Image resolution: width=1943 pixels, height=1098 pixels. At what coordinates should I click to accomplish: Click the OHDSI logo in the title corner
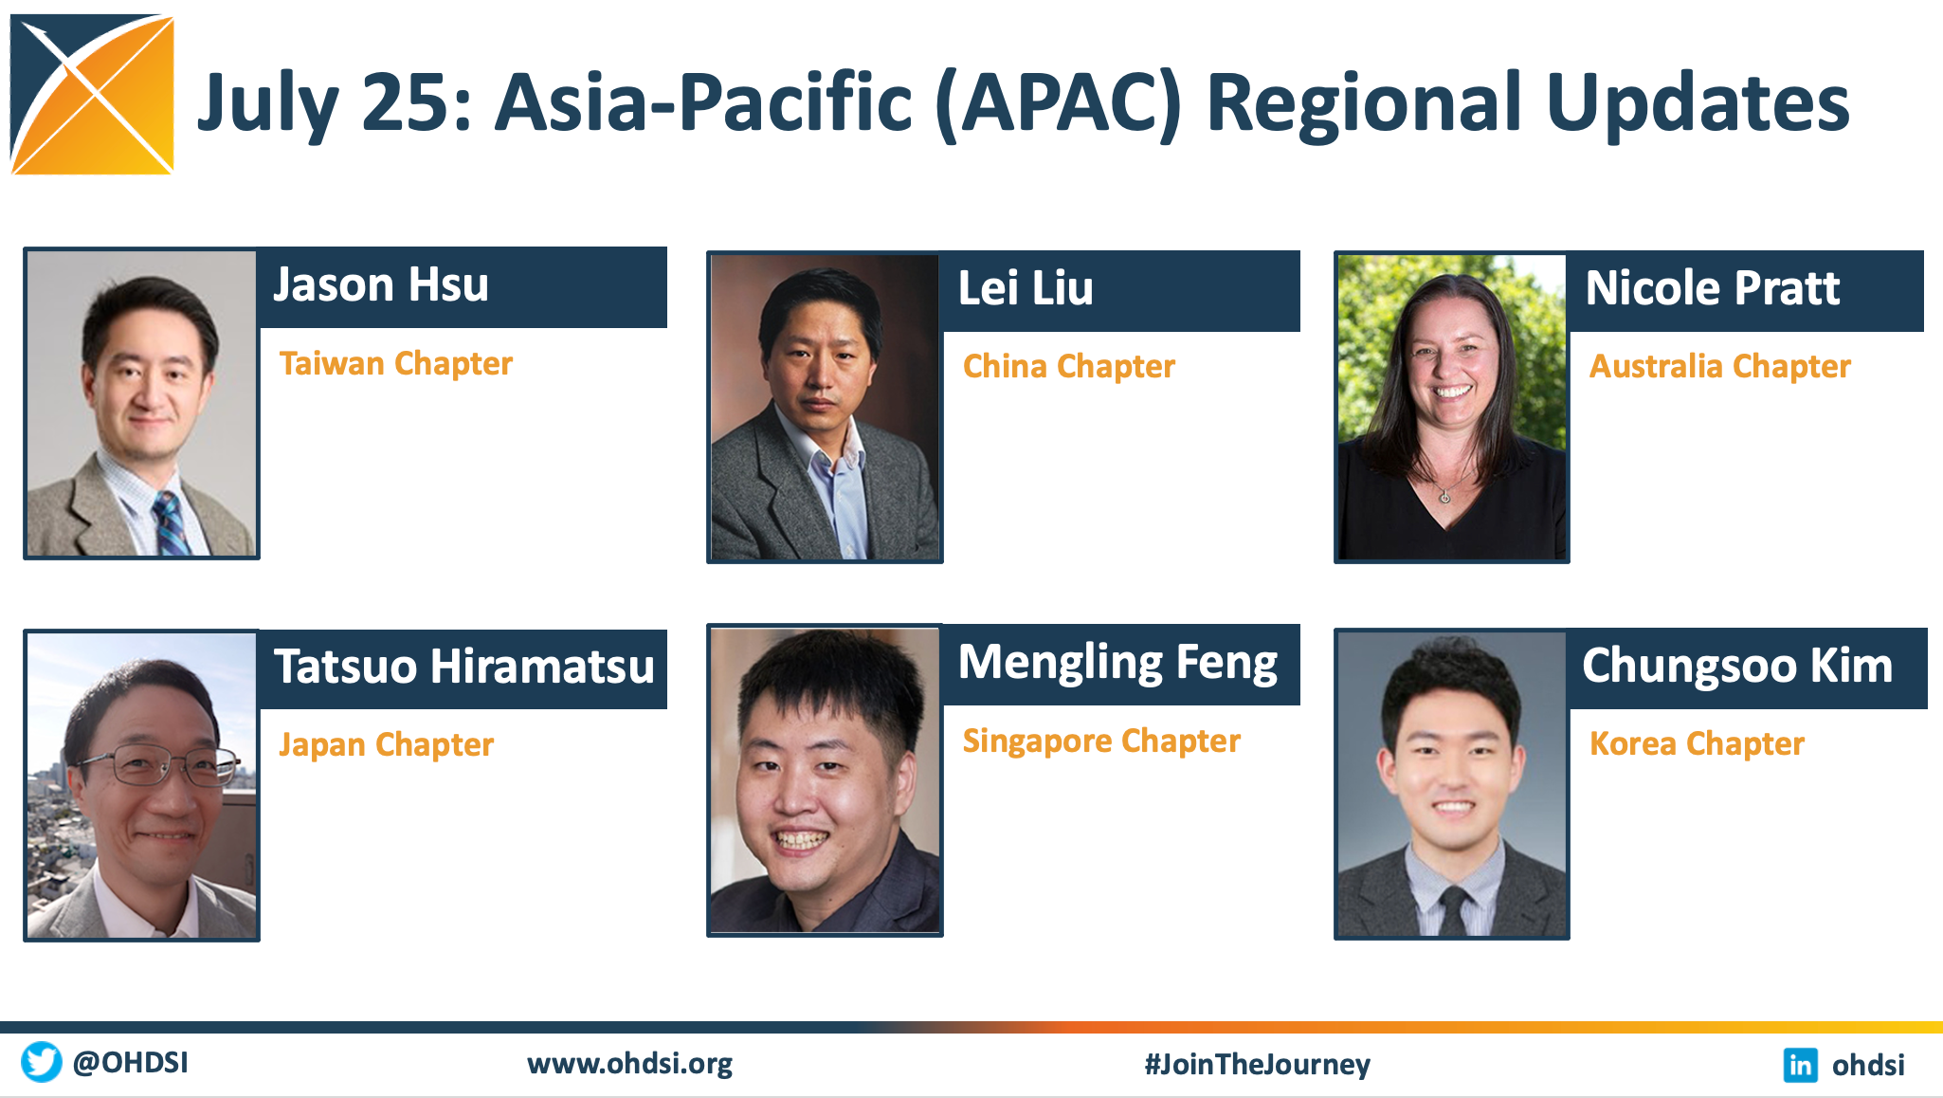click(x=92, y=94)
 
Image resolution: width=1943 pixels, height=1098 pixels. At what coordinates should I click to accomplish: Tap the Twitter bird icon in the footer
click(x=42, y=1062)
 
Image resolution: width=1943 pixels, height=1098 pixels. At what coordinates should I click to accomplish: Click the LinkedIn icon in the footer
click(x=1800, y=1065)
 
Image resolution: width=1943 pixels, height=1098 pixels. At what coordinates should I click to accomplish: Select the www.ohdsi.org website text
click(x=629, y=1064)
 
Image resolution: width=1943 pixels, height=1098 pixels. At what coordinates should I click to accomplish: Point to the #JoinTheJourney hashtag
click(x=1257, y=1064)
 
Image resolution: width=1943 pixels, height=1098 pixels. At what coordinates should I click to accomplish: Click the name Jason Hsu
click(x=381, y=284)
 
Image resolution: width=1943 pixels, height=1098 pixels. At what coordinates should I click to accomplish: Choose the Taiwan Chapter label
click(x=396, y=363)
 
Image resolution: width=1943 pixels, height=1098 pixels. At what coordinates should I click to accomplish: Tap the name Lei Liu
click(x=1026, y=288)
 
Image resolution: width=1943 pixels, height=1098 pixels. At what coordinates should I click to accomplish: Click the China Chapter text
click(x=1069, y=366)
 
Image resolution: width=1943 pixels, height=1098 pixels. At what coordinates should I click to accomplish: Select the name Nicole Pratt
click(x=1713, y=288)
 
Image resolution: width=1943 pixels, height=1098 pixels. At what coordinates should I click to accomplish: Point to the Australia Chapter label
click(x=1720, y=366)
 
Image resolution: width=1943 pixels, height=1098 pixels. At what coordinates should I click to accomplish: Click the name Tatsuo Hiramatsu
click(x=464, y=666)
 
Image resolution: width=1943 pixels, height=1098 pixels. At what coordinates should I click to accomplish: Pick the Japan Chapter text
click(x=387, y=744)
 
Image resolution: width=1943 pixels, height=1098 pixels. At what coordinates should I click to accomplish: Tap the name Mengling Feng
click(x=1118, y=663)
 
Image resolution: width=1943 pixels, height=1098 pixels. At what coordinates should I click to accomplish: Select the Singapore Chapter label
click(x=1101, y=741)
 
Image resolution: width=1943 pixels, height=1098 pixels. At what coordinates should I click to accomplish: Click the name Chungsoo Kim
click(x=1737, y=666)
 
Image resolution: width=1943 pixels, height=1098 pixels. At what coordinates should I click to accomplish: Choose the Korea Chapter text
click(x=1697, y=743)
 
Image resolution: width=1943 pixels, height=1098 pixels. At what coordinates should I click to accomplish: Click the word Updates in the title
click(x=1698, y=104)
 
